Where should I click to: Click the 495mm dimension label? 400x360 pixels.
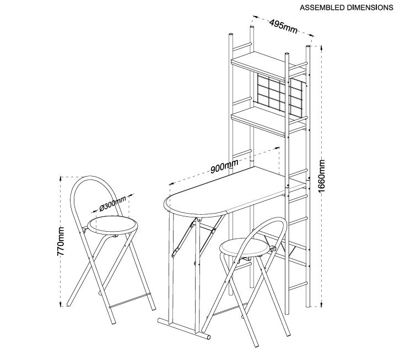click(x=284, y=26)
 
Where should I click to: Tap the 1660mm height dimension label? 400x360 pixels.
click(x=322, y=176)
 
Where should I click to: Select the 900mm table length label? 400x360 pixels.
click(x=224, y=166)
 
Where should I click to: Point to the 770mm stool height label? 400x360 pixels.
click(x=61, y=241)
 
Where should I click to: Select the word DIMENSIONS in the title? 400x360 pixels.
click(x=369, y=8)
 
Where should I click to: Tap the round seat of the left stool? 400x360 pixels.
click(x=112, y=226)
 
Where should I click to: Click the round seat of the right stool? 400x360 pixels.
click(x=245, y=247)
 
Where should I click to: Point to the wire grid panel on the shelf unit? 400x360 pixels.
click(x=279, y=96)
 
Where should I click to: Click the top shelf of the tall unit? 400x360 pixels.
click(x=268, y=65)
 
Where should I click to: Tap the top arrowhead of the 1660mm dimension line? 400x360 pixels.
click(x=321, y=48)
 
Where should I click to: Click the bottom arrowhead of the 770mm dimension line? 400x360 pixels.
click(x=61, y=304)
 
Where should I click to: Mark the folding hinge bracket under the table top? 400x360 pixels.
click(x=182, y=238)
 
